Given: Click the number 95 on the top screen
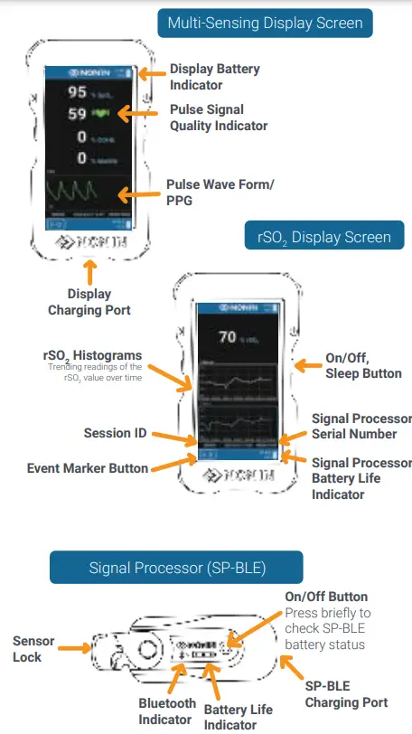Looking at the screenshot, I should point(77,92).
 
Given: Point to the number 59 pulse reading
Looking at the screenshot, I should point(77,115).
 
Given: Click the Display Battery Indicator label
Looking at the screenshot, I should point(214,77).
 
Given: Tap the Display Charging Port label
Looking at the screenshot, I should point(89,302).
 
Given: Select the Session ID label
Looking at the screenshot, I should point(115,433).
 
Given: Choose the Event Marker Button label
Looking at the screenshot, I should point(88,467).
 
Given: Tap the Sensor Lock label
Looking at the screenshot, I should point(33,649).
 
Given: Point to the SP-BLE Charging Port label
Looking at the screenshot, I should point(346,694).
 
